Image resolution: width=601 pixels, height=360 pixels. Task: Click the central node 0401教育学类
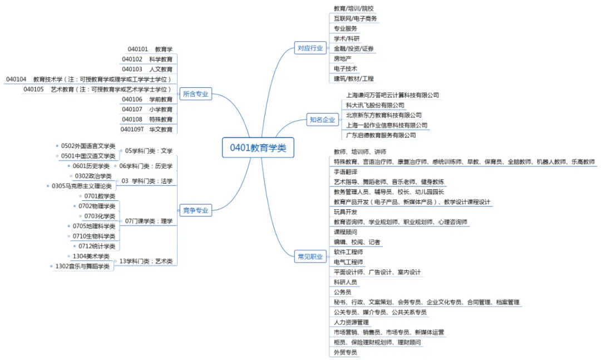[x=258, y=147]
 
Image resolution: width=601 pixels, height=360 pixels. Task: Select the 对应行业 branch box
[x=310, y=48]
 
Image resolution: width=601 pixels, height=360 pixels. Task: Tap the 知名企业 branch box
[x=322, y=120]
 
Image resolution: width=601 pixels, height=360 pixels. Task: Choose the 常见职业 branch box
[x=310, y=257]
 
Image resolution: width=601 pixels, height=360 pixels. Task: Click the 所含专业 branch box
[x=195, y=94]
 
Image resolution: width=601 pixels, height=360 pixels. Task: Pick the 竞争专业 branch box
[x=195, y=210]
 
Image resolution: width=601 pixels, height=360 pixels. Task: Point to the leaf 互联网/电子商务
[x=355, y=18]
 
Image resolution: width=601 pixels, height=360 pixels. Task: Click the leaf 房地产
[x=342, y=58]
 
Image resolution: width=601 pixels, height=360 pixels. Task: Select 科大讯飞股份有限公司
[x=375, y=105]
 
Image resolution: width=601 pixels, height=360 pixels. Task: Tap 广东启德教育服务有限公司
[x=381, y=135]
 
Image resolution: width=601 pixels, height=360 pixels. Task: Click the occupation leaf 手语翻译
[x=345, y=172]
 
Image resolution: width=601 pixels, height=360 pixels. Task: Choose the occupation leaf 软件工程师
[x=348, y=252]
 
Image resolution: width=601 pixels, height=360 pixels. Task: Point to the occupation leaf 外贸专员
[x=345, y=352]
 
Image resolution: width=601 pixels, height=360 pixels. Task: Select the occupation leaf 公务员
[x=342, y=292]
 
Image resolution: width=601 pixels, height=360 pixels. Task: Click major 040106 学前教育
[x=147, y=100]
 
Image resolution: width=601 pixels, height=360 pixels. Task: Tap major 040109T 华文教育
[x=147, y=130]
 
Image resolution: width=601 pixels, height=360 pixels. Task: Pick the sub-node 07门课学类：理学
[x=149, y=221]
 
